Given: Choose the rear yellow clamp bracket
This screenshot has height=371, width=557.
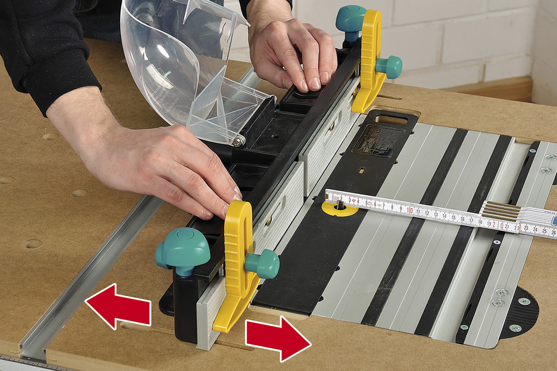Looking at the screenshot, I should [x=370, y=59].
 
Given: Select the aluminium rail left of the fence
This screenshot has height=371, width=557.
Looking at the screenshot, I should [x=88, y=275].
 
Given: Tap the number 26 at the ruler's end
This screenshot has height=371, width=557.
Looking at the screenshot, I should [x=551, y=232].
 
